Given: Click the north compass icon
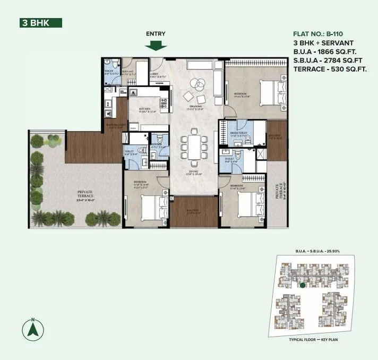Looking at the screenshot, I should coord(32,329).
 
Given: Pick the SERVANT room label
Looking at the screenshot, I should coord(128,71).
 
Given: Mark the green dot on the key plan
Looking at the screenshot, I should coord(302,286).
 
